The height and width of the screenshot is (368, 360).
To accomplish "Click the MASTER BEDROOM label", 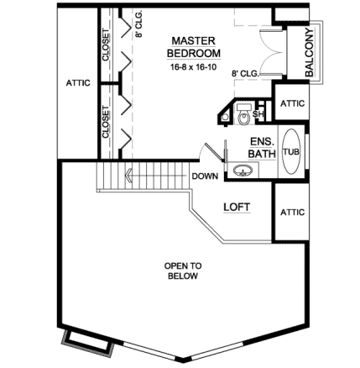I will [x=194, y=47].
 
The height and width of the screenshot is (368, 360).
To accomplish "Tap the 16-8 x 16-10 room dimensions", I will [x=193, y=66].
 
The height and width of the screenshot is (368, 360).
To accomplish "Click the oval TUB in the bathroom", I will [x=291, y=152].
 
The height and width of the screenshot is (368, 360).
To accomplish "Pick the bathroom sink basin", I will [x=243, y=172].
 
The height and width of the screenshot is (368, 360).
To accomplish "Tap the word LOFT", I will [x=238, y=206].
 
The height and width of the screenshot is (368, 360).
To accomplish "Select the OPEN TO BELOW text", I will [x=183, y=271].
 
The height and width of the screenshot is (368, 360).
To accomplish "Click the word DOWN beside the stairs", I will [x=206, y=177].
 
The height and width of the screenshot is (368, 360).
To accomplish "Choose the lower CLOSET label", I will [x=106, y=122].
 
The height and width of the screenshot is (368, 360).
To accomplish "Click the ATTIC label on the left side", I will [x=77, y=83].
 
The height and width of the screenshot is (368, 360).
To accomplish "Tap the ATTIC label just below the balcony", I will [x=292, y=103].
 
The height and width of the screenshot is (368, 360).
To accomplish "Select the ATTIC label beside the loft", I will [x=292, y=213].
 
